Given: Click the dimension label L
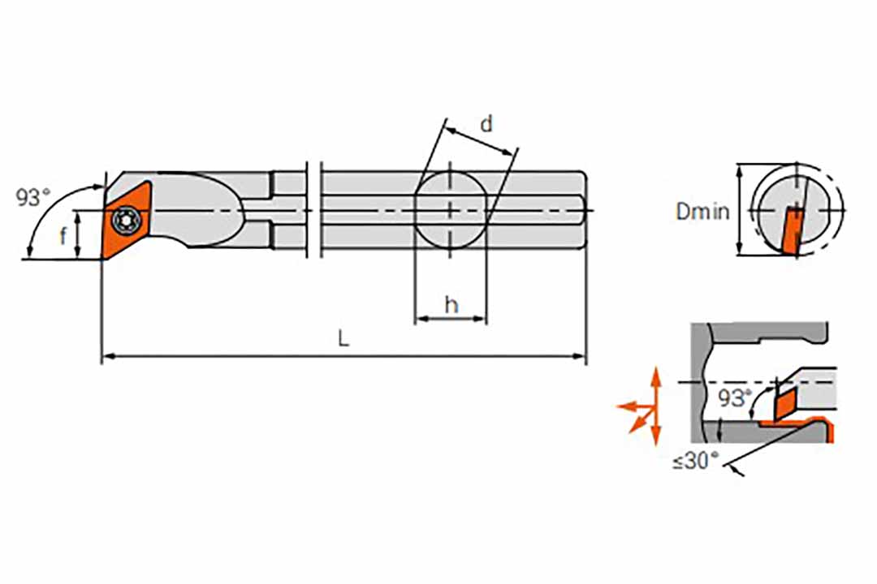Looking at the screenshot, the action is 343,337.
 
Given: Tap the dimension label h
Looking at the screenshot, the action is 451,305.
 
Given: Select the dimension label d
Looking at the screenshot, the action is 486,123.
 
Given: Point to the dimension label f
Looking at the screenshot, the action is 63,236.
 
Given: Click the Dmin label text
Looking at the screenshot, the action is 702,211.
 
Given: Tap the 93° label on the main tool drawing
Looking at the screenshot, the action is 33,197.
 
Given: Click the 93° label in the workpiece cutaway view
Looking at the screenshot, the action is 735,397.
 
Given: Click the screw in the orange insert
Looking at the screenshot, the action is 124,220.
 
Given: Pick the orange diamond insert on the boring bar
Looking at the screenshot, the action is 127,219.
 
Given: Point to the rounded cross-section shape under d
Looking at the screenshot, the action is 451,211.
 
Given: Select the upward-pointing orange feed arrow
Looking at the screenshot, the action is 656,385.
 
